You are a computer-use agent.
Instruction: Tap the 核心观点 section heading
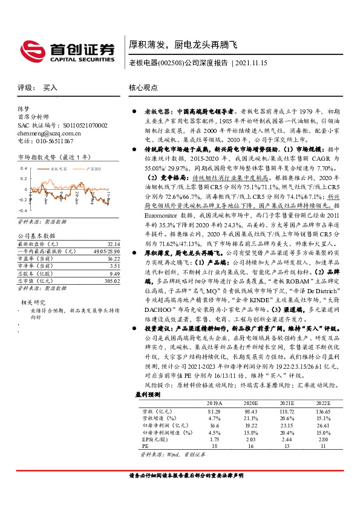143,87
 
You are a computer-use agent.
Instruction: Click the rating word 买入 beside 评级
50,87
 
